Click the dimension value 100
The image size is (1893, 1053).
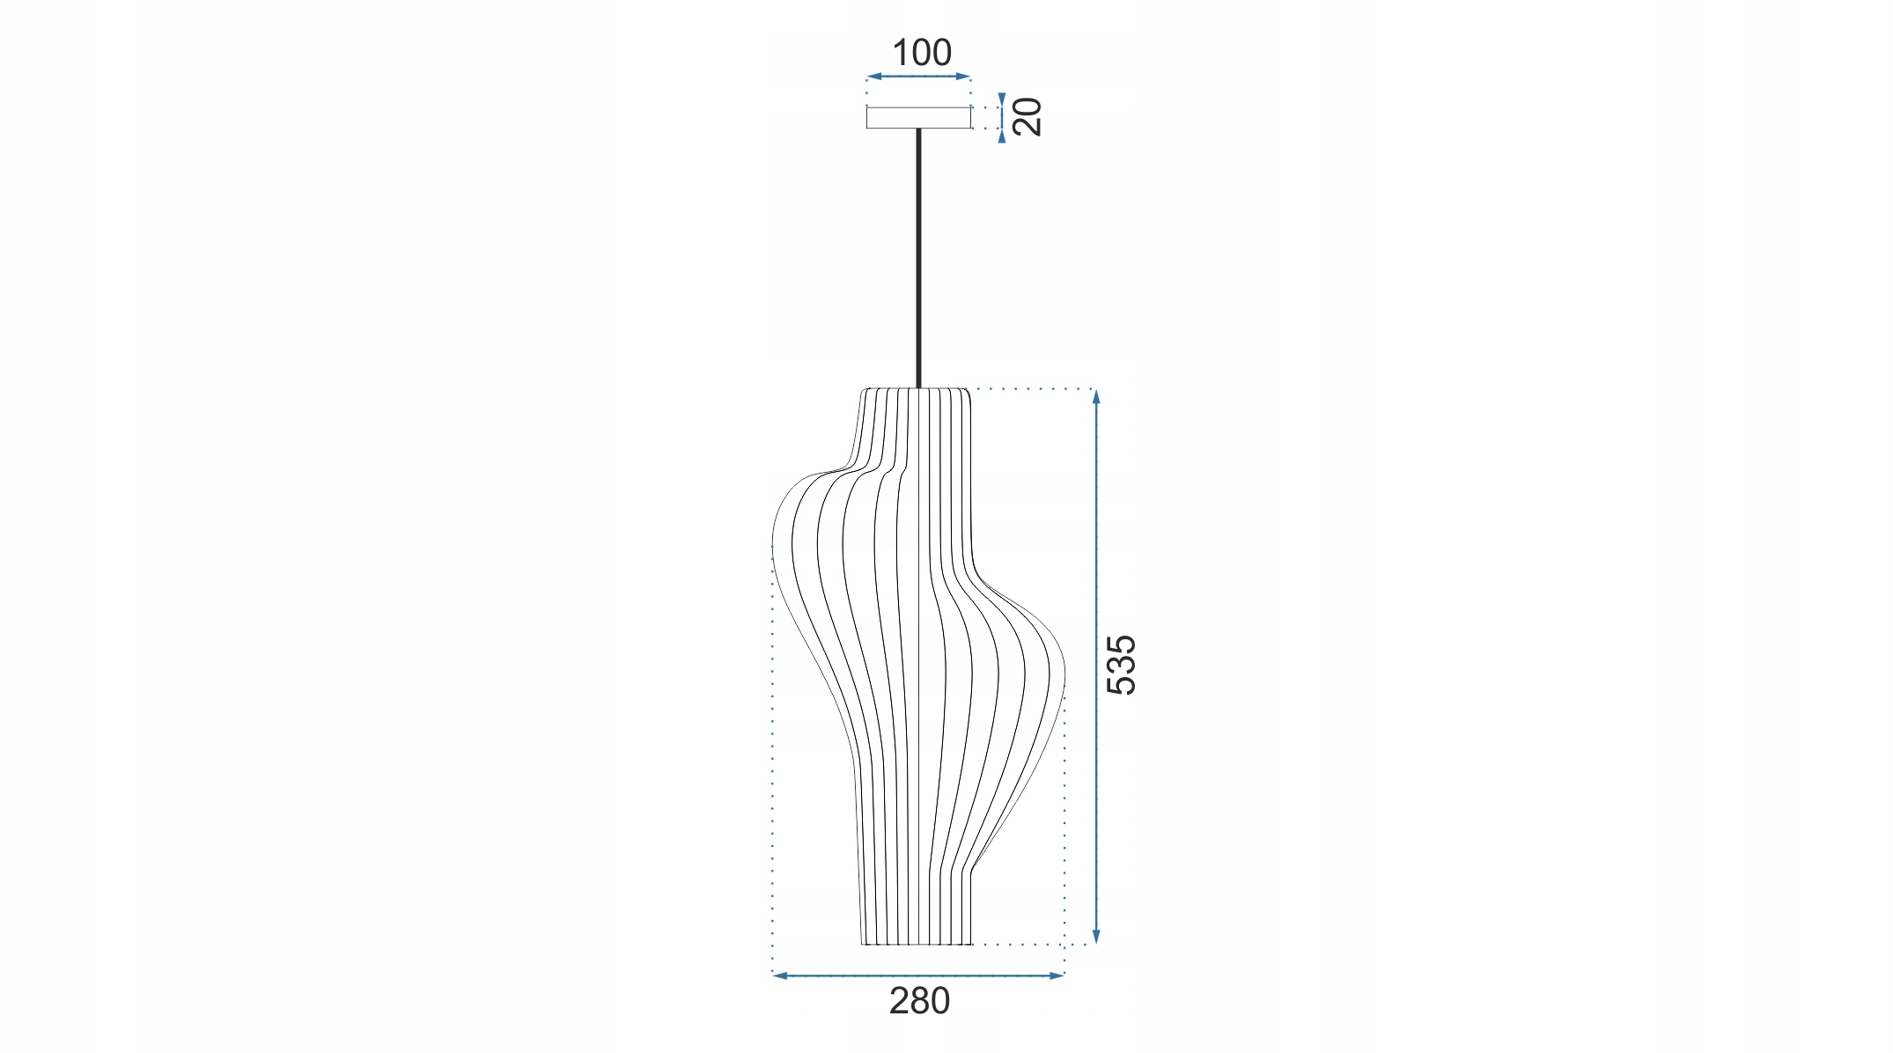click(922, 53)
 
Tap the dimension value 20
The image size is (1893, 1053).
click(1028, 116)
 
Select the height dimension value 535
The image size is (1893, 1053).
click(1122, 665)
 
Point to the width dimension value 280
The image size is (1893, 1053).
click(919, 1001)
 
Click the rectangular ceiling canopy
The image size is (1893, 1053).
click(918, 118)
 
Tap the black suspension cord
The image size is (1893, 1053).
click(918, 258)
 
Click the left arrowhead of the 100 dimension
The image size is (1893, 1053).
click(873, 77)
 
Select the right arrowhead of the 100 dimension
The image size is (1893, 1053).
click(964, 77)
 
